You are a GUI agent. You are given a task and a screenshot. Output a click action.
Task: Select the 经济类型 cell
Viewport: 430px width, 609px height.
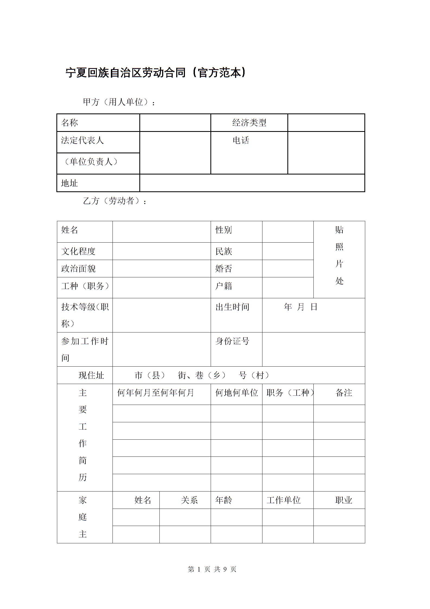249,123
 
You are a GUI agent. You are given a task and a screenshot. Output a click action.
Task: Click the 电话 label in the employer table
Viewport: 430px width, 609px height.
241,141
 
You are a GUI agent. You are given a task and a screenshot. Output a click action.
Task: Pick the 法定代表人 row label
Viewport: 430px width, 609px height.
82,140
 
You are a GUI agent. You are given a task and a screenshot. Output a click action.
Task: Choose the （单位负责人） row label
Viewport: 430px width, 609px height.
91,162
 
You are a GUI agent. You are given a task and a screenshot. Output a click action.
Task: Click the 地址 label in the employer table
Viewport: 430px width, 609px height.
69,183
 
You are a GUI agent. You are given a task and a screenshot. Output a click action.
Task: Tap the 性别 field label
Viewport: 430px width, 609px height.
224,230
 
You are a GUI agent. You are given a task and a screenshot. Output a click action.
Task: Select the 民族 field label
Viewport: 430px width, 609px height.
224,252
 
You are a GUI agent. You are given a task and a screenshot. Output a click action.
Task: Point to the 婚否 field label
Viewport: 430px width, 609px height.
224,269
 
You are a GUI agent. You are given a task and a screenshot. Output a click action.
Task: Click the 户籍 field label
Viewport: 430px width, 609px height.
224,286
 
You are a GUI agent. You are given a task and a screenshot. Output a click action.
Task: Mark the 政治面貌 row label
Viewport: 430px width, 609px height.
78,269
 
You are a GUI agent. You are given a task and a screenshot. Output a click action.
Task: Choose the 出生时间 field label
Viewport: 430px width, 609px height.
232,307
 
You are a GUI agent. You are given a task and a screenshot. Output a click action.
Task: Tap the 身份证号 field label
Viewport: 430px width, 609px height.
232,341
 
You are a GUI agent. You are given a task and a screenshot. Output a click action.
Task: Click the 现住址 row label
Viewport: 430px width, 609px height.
91,376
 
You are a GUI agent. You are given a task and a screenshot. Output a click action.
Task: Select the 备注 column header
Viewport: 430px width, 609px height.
344,393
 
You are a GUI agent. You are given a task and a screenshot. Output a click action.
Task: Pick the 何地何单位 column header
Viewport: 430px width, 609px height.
236,393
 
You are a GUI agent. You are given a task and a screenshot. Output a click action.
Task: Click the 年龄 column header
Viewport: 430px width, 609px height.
224,500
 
